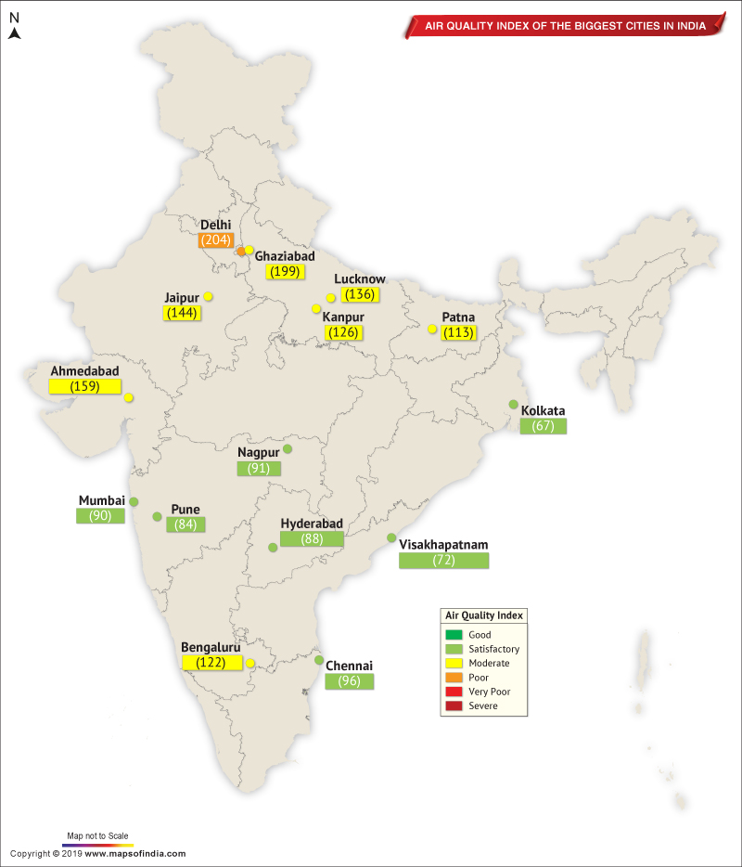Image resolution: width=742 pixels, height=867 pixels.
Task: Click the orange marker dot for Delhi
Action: click(241, 252)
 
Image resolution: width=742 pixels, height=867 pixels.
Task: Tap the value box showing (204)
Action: click(215, 239)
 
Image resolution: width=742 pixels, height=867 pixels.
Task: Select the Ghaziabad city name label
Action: click(285, 256)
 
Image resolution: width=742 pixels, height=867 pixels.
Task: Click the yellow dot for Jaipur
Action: click(209, 296)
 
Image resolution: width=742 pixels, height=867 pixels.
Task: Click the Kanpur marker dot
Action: click(316, 308)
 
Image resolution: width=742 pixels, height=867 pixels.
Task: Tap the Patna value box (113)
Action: click(458, 332)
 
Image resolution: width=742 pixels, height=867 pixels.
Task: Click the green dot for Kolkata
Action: click(513, 405)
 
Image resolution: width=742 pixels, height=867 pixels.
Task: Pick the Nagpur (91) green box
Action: click(259, 468)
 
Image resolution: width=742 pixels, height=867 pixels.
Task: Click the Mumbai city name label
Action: click(101, 501)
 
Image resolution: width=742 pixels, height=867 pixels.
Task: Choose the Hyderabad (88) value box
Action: click(312, 538)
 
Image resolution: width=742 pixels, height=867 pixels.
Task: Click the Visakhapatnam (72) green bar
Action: click(443, 561)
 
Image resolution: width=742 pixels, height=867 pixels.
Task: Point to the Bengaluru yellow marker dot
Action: click(250, 663)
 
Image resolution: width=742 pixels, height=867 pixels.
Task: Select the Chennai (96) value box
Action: click(350, 680)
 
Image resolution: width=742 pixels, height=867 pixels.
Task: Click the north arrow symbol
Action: click(14, 34)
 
